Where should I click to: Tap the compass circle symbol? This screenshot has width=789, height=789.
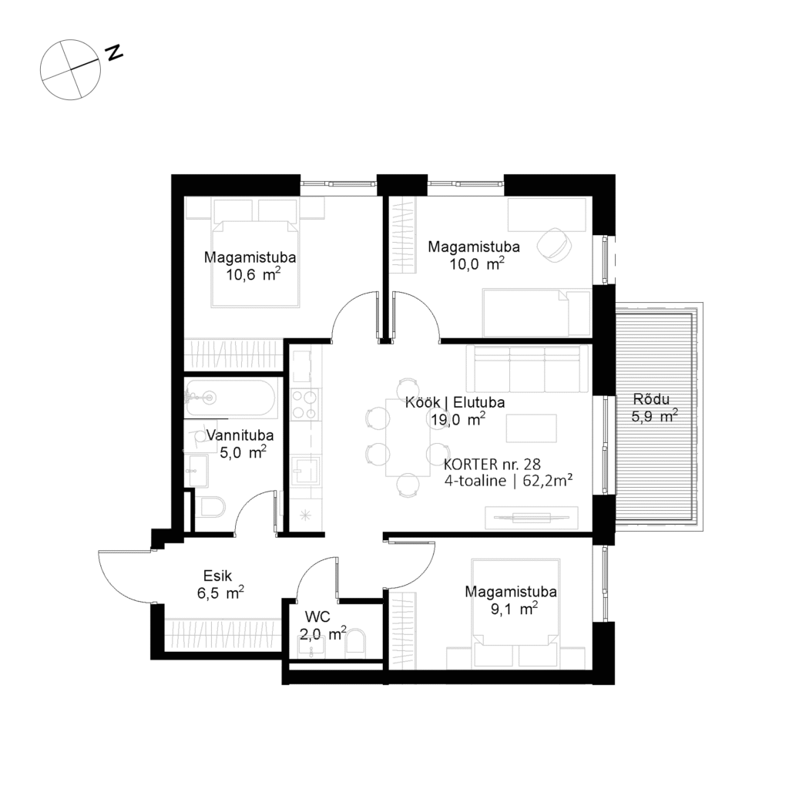click(71, 70)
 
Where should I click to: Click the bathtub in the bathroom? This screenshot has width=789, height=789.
click(228, 397)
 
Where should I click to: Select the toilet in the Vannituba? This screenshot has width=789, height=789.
click(210, 506)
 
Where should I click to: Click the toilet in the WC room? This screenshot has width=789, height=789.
click(356, 643)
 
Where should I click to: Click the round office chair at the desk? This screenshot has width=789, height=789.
click(554, 244)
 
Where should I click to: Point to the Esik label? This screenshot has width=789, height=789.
click(217, 574)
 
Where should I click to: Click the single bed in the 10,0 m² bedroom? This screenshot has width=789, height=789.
click(536, 312)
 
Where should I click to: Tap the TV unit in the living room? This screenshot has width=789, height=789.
click(530, 517)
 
